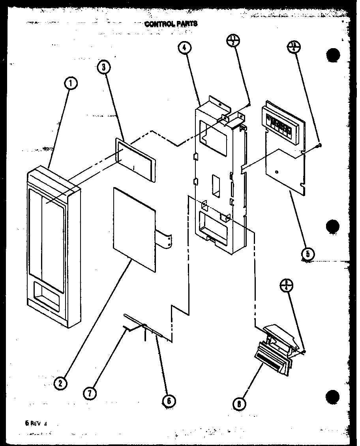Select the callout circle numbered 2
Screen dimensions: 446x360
point(60,382)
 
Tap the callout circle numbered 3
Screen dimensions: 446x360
point(104,67)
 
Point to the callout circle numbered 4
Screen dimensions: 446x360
point(184,49)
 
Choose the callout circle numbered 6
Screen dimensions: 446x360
point(169,401)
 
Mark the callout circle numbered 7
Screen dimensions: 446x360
point(90,393)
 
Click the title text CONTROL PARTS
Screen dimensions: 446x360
point(171,24)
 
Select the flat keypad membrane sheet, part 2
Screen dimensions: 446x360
point(134,229)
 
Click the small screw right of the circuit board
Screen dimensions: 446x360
point(320,146)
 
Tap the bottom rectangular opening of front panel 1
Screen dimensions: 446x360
point(47,292)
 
